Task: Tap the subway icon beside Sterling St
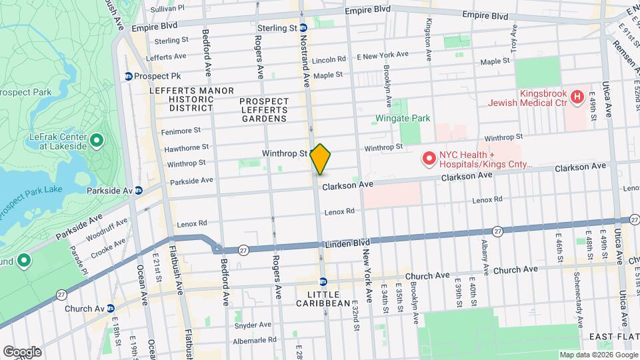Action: pos(303,28)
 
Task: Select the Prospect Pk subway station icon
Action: pos(128,76)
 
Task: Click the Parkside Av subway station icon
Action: pos(139,190)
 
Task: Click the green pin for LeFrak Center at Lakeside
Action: pos(97,141)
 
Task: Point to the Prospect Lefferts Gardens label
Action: pos(264,110)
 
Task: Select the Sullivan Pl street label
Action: pos(167,8)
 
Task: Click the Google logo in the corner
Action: pos(22,351)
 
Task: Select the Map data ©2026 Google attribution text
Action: pos(596,355)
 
